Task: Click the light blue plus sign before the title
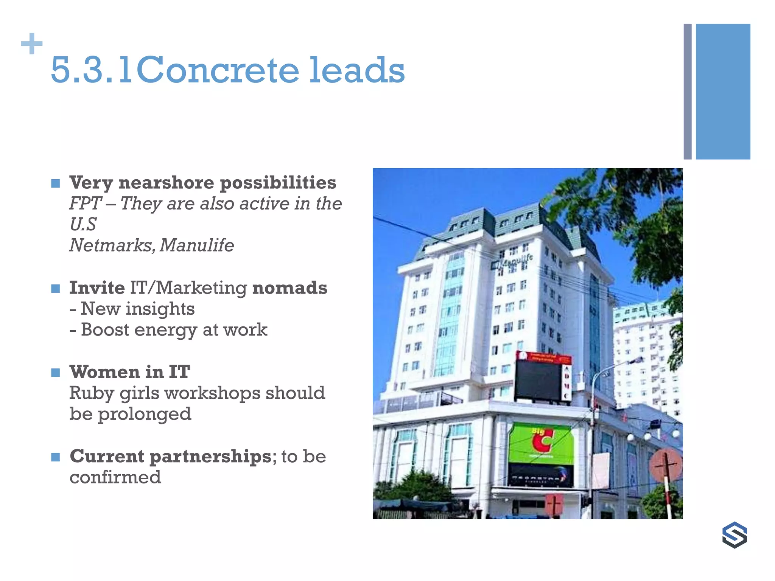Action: [x=32, y=44]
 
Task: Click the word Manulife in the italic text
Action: [x=197, y=245]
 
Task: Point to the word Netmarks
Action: [x=112, y=245]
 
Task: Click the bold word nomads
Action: [x=289, y=288]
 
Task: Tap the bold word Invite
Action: [x=97, y=288]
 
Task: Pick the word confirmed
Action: [x=115, y=477]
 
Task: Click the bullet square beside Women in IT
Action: [x=56, y=373]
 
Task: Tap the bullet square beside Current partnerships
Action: [x=56, y=457]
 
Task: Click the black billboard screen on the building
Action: [x=538, y=380]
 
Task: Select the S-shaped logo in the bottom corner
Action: [x=734, y=535]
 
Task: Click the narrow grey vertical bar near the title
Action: [x=687, y=92]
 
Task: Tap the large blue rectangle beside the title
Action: [x=723, y=92]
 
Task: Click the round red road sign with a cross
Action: [x=666, y=465]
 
